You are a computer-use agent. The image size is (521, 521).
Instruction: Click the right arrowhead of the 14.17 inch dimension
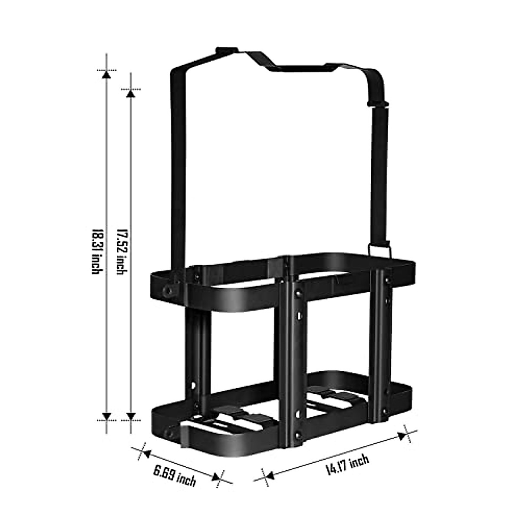click(x=402, y=436)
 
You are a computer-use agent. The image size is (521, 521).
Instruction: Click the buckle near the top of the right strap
click(x=379, y=104)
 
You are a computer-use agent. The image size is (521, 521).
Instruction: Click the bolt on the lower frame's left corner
click(x=169, y=433)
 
